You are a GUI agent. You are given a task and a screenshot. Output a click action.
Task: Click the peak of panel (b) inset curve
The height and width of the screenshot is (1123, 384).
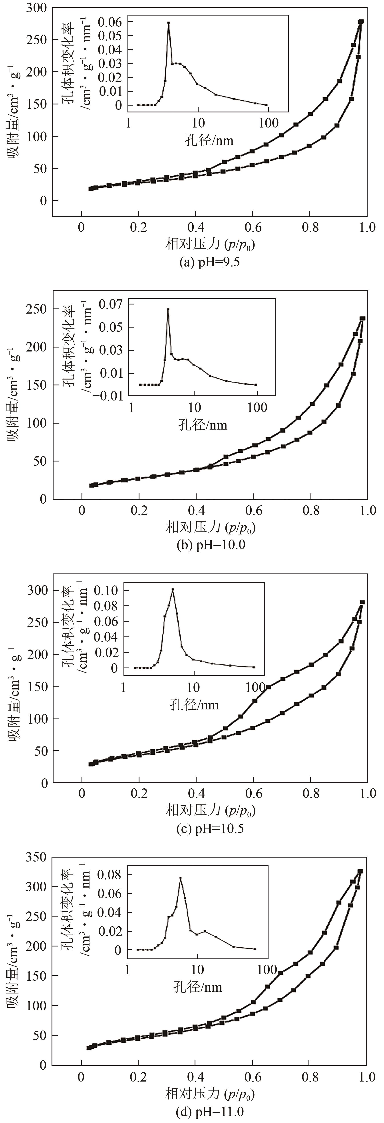(168, 309)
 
